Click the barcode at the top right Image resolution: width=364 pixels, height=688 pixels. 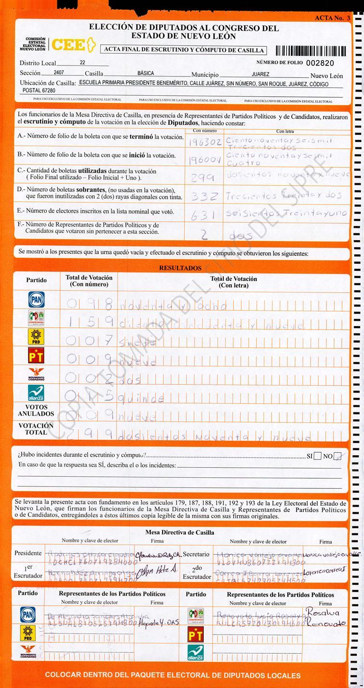pos(311,51)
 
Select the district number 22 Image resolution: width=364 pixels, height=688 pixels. pos(82,63)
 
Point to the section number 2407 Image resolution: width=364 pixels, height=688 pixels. pos(49,73)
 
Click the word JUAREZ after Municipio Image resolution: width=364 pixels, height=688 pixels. pos(260,74)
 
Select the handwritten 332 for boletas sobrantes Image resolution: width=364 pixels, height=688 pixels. pos(205,196)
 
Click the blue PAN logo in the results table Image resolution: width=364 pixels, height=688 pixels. pos(36,299)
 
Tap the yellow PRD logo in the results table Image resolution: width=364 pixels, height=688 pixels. pos(36,336)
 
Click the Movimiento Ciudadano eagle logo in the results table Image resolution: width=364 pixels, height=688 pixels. pos(36,374)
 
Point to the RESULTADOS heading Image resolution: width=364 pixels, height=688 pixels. pos(181,268)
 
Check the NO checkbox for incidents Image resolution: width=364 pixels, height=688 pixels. pos(339,456)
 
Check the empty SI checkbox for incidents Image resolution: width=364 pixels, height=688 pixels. pos(318,456)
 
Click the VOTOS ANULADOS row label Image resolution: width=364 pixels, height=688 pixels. pos(36,410)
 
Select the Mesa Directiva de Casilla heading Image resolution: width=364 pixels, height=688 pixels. pos(180,533)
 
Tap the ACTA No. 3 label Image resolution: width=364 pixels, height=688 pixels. pos(332,18)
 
